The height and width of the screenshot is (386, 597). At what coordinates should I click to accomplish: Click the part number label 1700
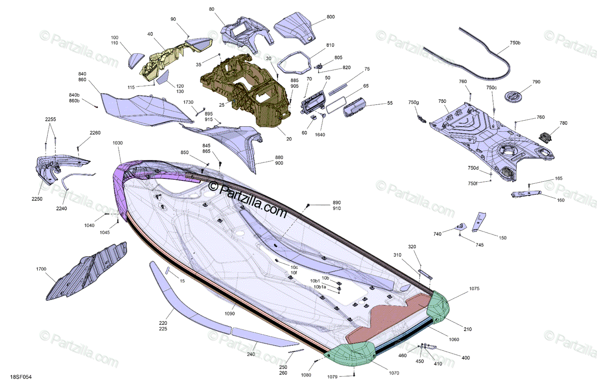point(41,269)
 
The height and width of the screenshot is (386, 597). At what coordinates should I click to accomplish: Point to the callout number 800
point(330,17)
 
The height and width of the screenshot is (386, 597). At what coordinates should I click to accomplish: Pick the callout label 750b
point(515,43)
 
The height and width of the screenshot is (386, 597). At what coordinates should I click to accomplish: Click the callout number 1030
point(117,143)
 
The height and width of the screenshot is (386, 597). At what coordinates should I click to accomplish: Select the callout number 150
point(502,238)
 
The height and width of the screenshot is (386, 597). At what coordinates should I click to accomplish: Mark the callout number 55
point(390,103)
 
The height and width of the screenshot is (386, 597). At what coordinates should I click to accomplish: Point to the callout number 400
point(465,358)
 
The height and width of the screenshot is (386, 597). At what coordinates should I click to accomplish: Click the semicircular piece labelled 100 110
point(133,61)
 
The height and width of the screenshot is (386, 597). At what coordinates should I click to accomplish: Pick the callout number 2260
point(95,133)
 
